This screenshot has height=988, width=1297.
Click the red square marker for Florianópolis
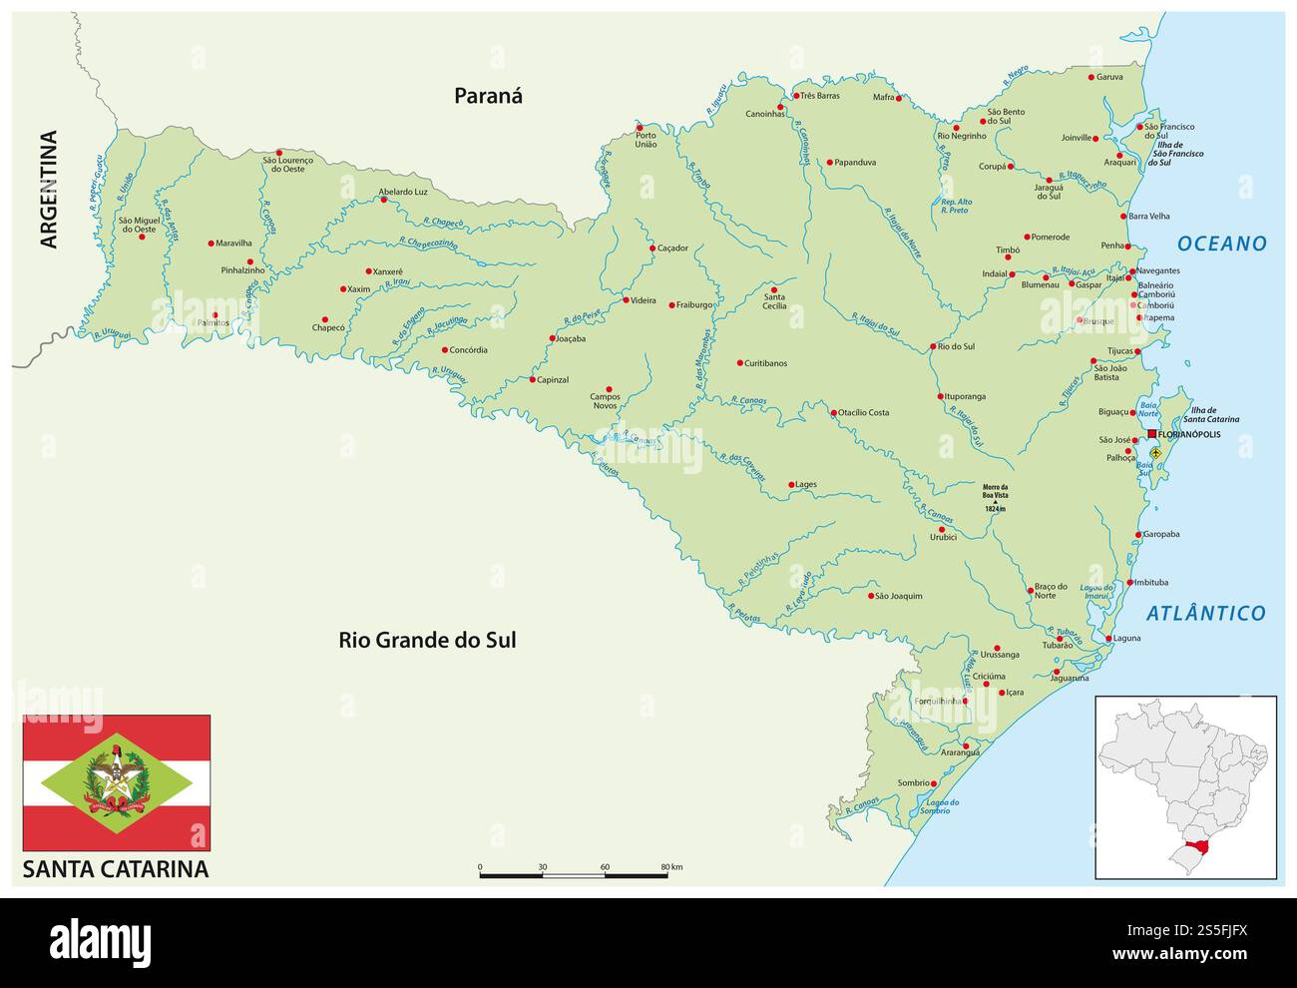[1152, 434]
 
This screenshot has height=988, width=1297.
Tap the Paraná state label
[488, 96]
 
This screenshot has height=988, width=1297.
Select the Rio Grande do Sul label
[427, 640]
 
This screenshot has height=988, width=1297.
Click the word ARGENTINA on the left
[48, 190]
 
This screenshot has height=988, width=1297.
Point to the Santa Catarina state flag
[117, 782]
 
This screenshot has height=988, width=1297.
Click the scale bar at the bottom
[574, 875]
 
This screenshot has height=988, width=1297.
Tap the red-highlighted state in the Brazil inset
[1189, 854]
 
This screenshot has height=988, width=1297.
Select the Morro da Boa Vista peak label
[994, 497]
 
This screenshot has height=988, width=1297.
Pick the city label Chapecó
[328, 327]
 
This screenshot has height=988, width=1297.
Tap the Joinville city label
[1076, 139]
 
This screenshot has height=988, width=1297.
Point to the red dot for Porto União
[640, 128]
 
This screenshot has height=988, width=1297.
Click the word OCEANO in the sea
[1221, 244]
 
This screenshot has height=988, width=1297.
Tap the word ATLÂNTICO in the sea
[1205, 614]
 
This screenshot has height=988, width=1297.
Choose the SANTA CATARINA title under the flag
[116, 868]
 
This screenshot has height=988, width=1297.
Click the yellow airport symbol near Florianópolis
[1156, 452]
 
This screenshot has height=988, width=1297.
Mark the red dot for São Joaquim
[870, 595]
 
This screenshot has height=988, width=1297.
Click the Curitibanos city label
[765, 363]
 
